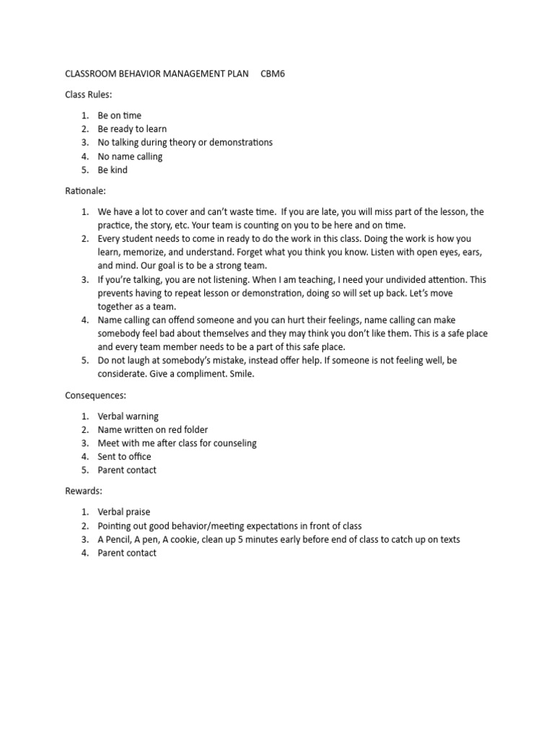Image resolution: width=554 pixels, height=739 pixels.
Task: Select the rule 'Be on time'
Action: [120, 115]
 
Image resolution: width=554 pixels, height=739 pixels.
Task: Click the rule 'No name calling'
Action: [130, 157]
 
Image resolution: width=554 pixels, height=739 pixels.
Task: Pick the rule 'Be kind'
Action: [113, 170]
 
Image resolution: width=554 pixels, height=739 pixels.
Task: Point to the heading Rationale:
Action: [86, 191]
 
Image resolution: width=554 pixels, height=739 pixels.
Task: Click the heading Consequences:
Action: [94, 395]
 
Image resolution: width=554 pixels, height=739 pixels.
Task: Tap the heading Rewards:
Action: [84, 491]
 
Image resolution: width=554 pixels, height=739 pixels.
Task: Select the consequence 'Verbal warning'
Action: [128, 416]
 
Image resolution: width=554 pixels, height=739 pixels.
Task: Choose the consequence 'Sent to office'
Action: [124, 457]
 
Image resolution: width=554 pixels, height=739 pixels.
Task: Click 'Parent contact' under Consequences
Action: [127, 471]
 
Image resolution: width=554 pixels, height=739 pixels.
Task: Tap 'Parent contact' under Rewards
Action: [127, 554]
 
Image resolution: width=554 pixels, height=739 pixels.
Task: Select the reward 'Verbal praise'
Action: [124, 512]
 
